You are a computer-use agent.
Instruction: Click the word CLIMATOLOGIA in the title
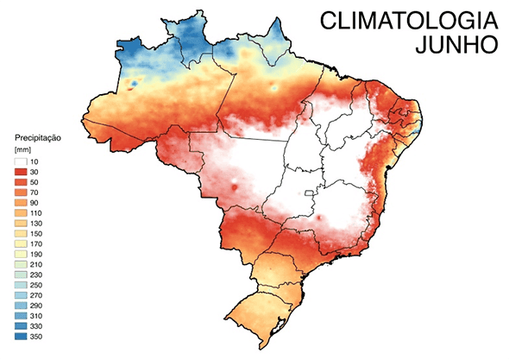tap(405, 21)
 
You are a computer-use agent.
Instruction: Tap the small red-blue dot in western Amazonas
tap(131, 84)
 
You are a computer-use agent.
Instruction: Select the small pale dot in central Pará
tap(273, 86)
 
